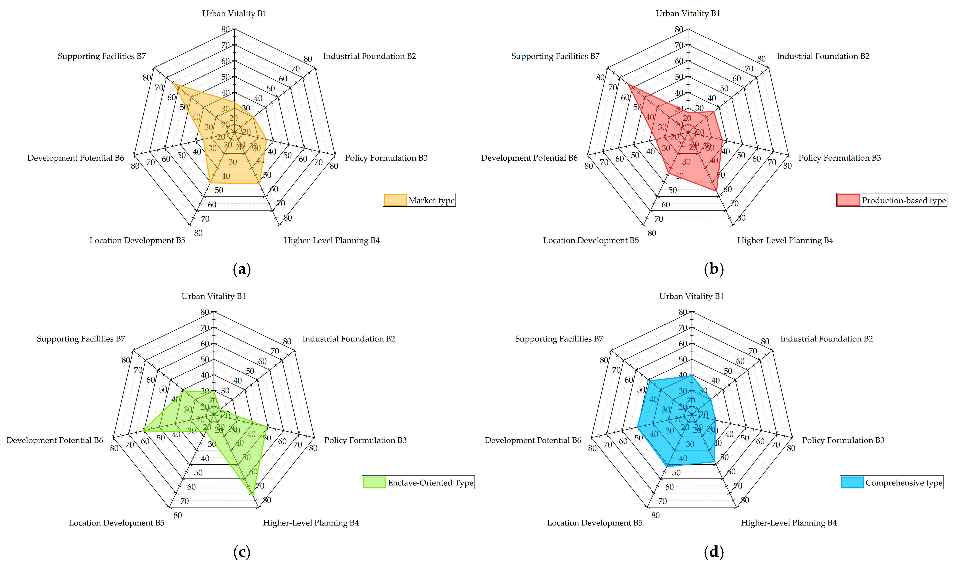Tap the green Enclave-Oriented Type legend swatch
coord(374,482)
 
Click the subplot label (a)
coord(242,269)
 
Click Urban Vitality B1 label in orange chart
coord(234,13)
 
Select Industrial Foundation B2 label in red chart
coord(823,56)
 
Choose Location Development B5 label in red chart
coord(591,240)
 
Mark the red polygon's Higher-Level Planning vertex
coord(716,191)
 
